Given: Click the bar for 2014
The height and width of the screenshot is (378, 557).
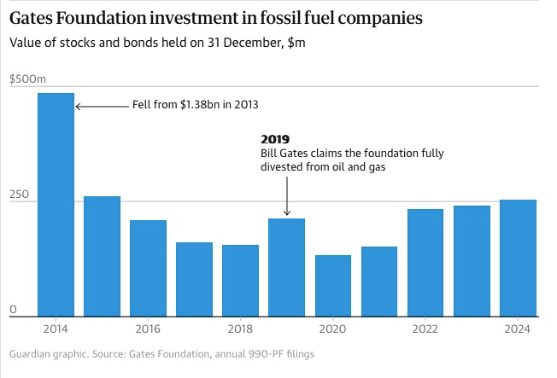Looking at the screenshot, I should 56,205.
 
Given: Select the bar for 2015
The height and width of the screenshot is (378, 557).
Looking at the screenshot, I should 102,256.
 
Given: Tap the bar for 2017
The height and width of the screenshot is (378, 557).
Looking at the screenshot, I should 194,279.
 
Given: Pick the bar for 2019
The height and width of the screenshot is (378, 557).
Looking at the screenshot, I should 286,267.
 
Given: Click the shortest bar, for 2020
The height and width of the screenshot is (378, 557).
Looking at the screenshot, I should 332,286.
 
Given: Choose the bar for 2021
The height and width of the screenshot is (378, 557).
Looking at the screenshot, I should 378,282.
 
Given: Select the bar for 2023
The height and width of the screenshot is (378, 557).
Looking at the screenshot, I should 472,261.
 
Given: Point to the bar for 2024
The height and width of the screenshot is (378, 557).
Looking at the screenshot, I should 518,258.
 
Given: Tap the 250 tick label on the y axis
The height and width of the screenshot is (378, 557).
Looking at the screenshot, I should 19,195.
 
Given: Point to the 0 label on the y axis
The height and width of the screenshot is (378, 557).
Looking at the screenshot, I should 13,310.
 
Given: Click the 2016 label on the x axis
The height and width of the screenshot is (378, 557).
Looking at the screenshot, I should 148,329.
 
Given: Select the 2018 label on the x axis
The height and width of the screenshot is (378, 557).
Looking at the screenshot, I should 240,329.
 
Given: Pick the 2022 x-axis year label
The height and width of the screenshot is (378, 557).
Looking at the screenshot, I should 425,329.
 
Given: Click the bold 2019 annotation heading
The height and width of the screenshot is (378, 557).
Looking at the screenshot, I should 274,138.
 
